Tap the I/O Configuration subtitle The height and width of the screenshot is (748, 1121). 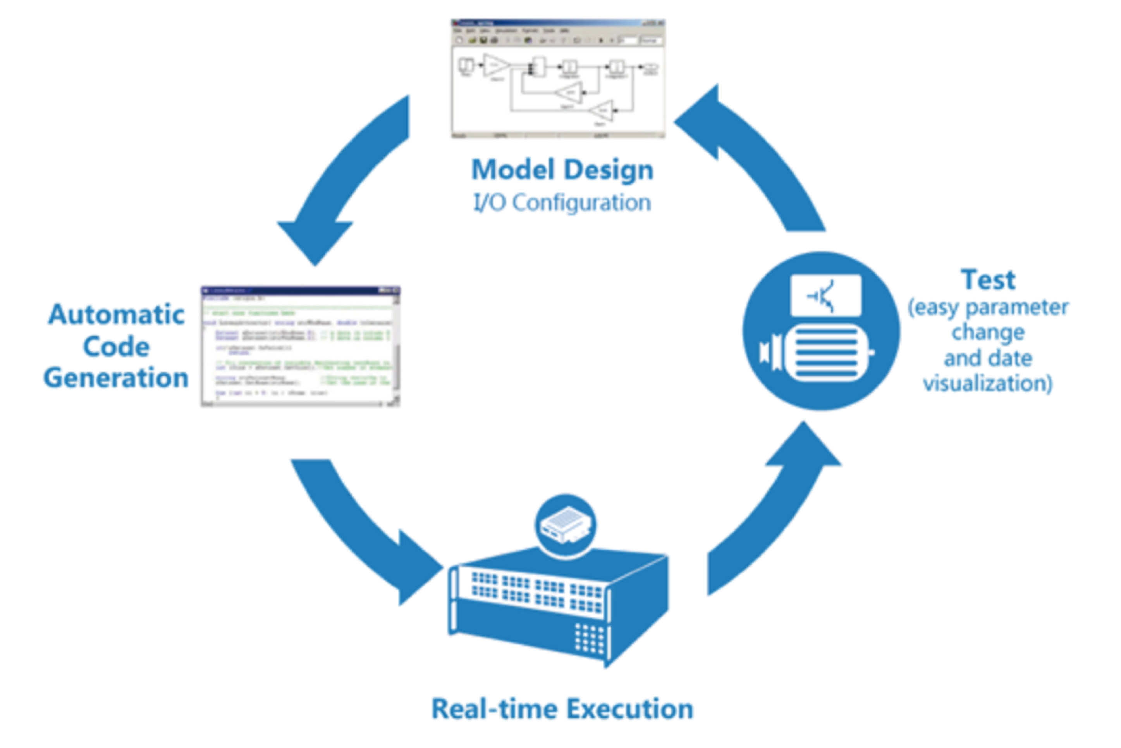point(562,202)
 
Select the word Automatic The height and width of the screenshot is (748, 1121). point(116,315)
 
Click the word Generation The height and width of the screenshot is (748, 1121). point(116,378)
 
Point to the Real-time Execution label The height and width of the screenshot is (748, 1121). point(562,708)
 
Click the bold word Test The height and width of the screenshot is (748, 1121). point(988,280)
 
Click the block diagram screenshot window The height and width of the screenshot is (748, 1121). point(558,79)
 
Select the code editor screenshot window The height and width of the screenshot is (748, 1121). point(300,346)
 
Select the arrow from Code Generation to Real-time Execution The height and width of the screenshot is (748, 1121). point(363,530)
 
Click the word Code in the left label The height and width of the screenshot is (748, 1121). point(116,346)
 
